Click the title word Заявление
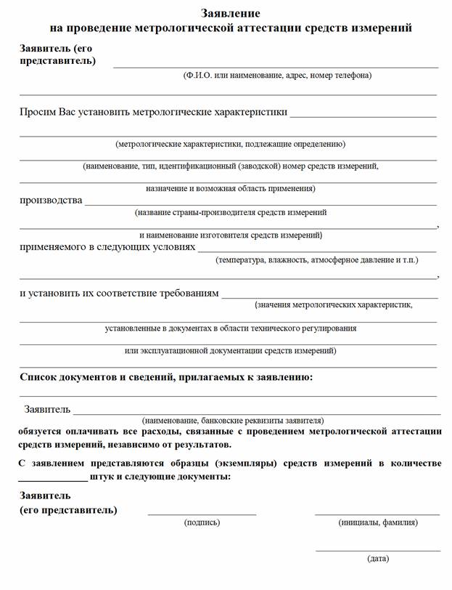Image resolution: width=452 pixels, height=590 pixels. coord(230,13)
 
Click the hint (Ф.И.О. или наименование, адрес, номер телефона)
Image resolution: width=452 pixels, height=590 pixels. coord(277,75)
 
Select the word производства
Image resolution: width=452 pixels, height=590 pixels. coord(51,200)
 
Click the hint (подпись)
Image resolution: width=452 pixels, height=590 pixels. coord(202,522)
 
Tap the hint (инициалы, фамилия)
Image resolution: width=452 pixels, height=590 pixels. coord(377,522)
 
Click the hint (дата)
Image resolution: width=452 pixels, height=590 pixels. coord(378,559)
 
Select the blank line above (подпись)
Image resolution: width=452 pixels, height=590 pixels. coord(202,514)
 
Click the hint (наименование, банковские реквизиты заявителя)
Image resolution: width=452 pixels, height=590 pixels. coord(233,420)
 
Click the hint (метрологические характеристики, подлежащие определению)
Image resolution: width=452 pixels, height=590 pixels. coord(230,144)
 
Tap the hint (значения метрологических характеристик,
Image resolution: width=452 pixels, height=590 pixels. coord(334,305)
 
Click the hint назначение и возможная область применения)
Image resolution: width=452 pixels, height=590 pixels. coord(230,188)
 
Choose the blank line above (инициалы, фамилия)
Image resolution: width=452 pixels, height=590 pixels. coord(377,514)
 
